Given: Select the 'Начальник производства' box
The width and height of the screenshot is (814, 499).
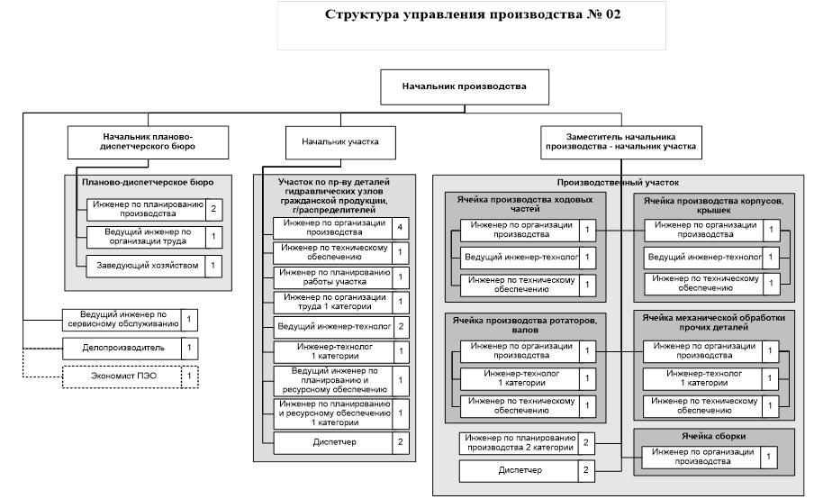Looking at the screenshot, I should click(x=465, y=87).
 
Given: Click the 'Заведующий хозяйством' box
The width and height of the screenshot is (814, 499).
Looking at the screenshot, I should click(x=144, y=266).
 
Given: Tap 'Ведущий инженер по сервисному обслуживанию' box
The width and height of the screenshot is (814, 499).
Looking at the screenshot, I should click(x=121, y=319).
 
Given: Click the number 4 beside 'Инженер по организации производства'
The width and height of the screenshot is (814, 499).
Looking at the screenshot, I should click(x=400, y=226).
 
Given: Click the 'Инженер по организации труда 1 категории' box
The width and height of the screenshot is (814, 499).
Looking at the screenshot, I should click(x=331, y=302).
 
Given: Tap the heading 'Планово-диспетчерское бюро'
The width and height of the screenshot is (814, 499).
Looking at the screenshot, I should click(x=148, y=182).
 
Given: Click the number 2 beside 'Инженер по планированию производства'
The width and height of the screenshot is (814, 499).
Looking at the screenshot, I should click(x=213, y=211).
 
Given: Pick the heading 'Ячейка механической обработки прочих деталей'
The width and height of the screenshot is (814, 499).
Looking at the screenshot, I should click(x=714, y=323).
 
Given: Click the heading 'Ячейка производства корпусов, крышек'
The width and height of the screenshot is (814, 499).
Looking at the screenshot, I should click(x=714, y=204).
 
